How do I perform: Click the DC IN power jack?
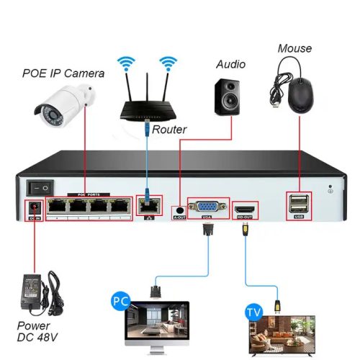33,210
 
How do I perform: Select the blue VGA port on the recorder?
208,207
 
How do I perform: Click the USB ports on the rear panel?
300,206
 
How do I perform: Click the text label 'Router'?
170,130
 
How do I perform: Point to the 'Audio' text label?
230,65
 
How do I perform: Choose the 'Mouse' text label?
294,48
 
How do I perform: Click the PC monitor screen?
163,323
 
